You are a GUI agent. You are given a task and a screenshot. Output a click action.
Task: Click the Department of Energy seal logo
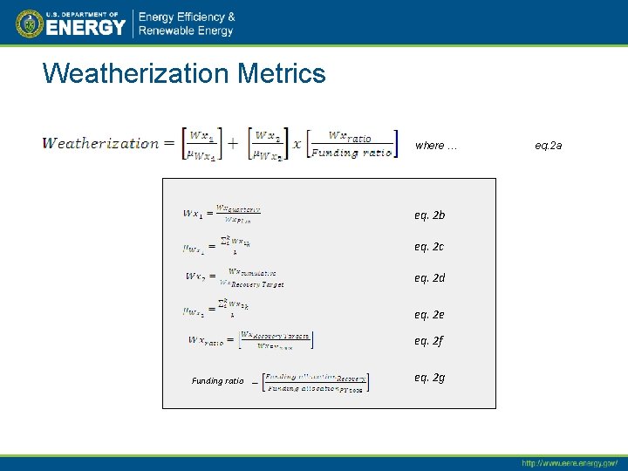[29, 24]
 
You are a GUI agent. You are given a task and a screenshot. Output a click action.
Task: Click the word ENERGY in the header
[85, 27]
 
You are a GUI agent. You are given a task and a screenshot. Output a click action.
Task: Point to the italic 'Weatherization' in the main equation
[101, 144]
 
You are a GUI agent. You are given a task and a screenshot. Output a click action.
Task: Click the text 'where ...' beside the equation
[435, 146]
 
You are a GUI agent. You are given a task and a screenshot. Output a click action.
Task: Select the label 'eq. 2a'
[549, 146]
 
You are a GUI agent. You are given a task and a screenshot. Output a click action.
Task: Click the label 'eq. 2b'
[429, 215]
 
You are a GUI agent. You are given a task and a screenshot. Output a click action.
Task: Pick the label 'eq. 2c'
[429, 247]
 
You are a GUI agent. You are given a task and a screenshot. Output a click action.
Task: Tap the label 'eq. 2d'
[429, 278]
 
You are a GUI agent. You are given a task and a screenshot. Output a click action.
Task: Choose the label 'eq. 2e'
[429, 315]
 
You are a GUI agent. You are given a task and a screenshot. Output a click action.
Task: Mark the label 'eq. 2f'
[429, 341]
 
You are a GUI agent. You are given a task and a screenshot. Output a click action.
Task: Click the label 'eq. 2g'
[429, 378]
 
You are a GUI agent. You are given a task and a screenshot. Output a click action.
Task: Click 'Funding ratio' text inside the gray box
[217, 381]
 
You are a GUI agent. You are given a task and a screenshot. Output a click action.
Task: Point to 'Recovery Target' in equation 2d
[256, 284]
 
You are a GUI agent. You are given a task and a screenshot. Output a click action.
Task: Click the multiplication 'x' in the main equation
[297, 145]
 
